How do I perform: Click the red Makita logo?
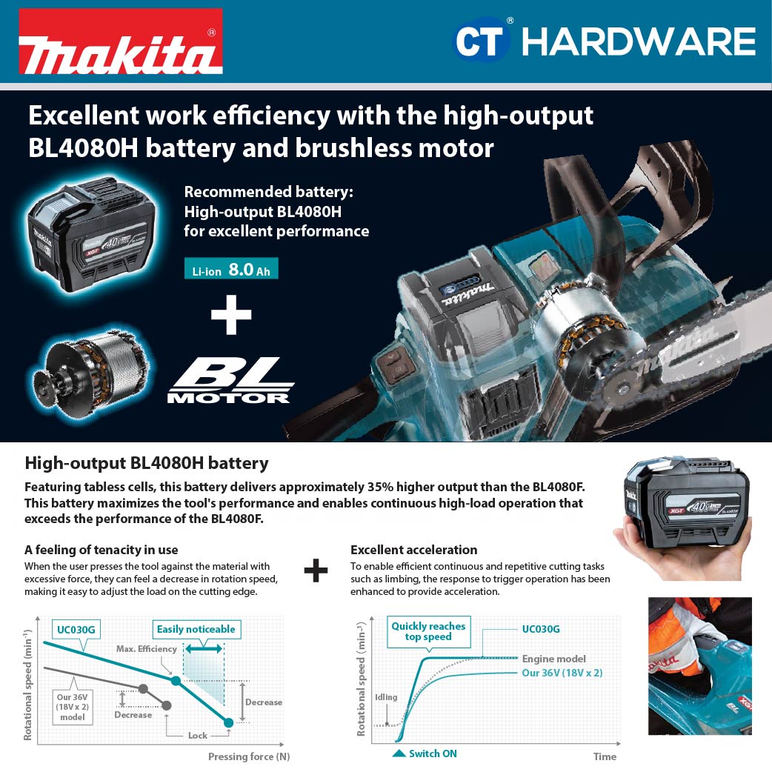pyautogui.click(x=121, y=41)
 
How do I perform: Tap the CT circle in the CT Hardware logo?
pyautogui.click(x=479, y=40)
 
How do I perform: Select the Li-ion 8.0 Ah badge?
pyautogui.click(x=231, y=269)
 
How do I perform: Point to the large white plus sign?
pyautogui.click(x=231, y=315)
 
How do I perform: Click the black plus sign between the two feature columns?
pyautogui.click(x=316, y=570)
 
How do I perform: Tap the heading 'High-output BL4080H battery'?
pyautogui.click(x=147, y=463)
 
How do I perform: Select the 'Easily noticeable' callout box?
pyautogui.click(x=196, y=629)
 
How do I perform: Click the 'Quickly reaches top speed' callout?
pyautogui.click(x=428, y=632)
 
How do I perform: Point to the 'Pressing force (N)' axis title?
pyautogui.click(x=249, y=756)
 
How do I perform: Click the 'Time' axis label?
pyautogui.click(x=605, y=756)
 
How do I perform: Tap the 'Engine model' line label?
pyautogui.click(x=554, y=659)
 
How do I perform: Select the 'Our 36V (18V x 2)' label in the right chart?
pyautogui.click(x=562, y=673)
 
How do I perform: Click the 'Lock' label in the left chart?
pyautogui.click(x=197, y=736)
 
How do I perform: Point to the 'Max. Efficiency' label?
pyautogui.click(x=146, y=649)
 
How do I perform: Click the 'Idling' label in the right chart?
pyautogui.click(x=386, y=697)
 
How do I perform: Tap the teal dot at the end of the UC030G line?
pyautogui.click(x=228, y=723)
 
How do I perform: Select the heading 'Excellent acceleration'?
pyautogui.click(x=414, y=550)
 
